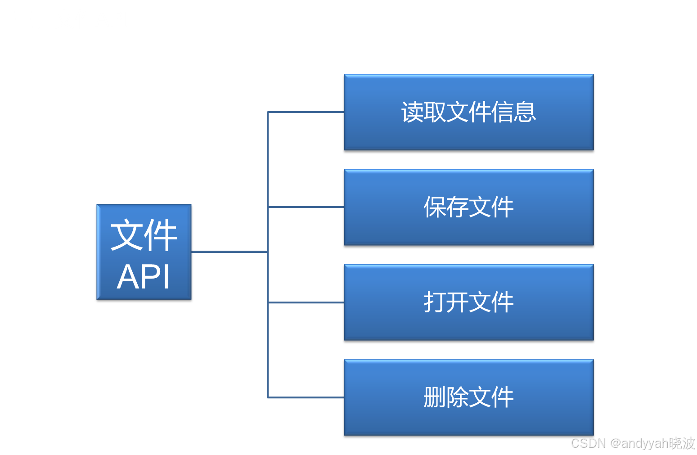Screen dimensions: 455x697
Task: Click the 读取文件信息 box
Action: [468, 112]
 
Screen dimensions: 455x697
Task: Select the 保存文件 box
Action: [468, 207]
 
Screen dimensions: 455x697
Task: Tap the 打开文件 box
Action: [468, 302]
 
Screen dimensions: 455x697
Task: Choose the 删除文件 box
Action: [468, 397]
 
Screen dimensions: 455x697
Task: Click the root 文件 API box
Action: [144, 252]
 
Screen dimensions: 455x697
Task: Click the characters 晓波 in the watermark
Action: [681, 443]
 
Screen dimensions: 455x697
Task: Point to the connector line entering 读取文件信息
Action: [306, 112]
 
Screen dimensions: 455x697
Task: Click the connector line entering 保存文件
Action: [306, 207]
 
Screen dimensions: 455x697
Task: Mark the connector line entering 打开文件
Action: [306, 302]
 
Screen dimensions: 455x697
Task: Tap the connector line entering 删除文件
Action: [306, 397]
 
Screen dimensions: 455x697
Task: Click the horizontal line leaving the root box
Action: [229, 252]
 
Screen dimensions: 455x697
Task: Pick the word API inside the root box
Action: [144, 277]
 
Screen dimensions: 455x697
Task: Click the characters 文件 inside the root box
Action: [144, 235]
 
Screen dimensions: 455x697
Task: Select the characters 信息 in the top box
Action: [513, 112]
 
